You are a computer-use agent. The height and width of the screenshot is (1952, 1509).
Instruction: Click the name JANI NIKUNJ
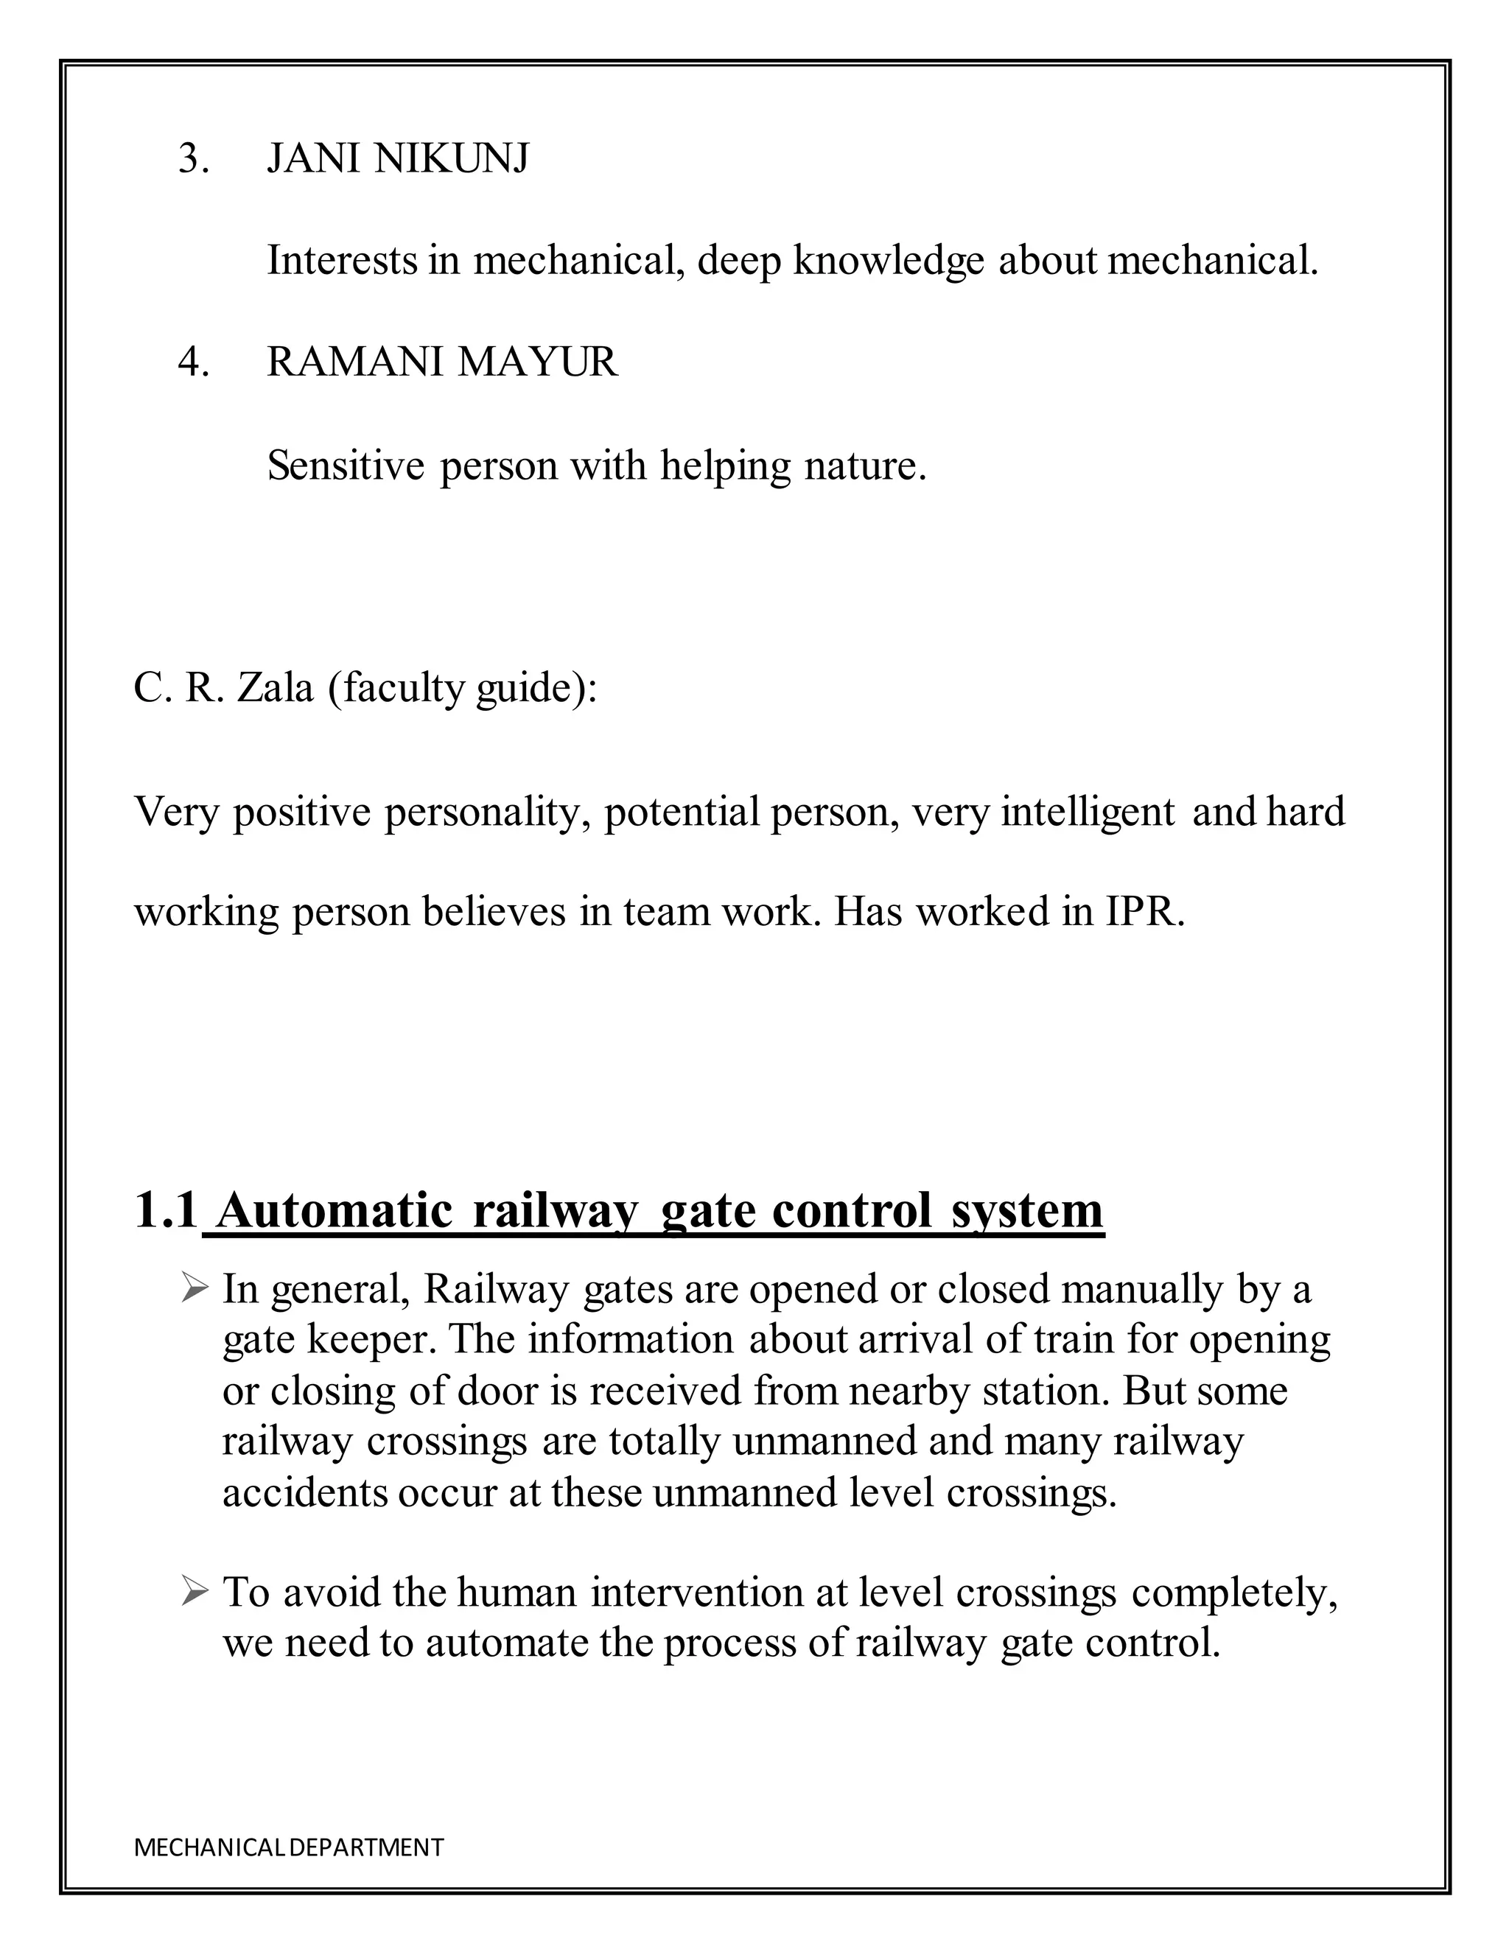point(398,159)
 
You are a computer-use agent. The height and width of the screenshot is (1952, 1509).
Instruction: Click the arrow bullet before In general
point(194,1289)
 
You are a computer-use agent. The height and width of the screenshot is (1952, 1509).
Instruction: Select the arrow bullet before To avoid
point(194,1592)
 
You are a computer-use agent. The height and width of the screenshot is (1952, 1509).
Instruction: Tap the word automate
point(507,1643)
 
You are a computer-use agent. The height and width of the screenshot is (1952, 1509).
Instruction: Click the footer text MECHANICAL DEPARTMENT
point(288,1847)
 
